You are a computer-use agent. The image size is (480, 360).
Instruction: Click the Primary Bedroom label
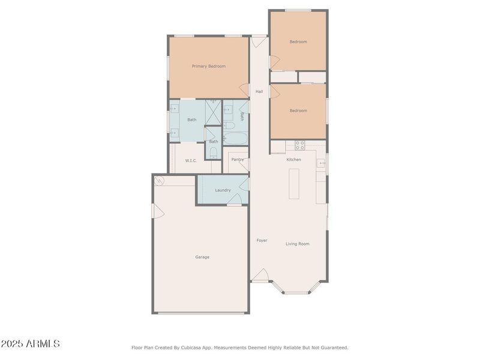209,66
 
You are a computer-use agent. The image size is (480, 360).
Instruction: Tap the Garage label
202,257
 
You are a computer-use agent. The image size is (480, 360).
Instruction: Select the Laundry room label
223,190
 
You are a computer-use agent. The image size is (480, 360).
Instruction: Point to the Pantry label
237,160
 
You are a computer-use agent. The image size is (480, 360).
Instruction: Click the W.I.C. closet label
191,161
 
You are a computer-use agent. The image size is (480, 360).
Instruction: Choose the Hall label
259,92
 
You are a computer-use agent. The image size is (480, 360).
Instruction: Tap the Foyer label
262,241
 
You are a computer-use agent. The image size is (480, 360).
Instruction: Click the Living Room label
297,244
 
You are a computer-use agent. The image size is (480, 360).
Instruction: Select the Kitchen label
293,160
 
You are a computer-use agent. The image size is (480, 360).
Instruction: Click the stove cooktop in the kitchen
299,145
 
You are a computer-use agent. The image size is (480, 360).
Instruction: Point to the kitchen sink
321,163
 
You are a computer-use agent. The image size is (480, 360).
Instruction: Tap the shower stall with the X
213,112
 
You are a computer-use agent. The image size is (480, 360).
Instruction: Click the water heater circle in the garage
160,181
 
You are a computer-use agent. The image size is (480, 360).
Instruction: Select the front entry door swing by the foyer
260,275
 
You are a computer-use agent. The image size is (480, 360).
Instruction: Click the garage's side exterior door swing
158,211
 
